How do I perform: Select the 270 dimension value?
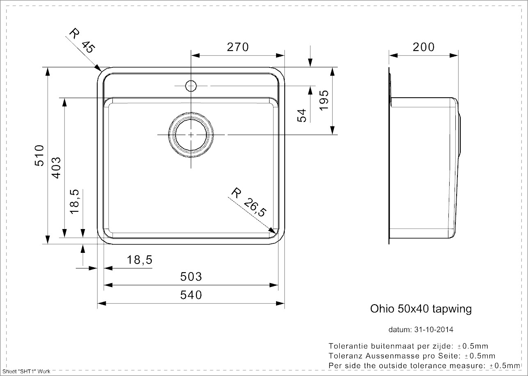238,47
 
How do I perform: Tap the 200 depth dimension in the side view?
423,47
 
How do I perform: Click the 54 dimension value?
302,115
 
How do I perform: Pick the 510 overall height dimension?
39,155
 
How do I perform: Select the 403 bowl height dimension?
56,167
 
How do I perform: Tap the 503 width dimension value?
191,277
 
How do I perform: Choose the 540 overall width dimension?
191,295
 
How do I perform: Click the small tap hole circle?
191,86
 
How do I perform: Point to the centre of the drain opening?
191,135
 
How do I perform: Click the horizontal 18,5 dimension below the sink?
139,260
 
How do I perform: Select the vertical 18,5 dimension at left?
74,201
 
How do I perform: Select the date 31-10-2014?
434,330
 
